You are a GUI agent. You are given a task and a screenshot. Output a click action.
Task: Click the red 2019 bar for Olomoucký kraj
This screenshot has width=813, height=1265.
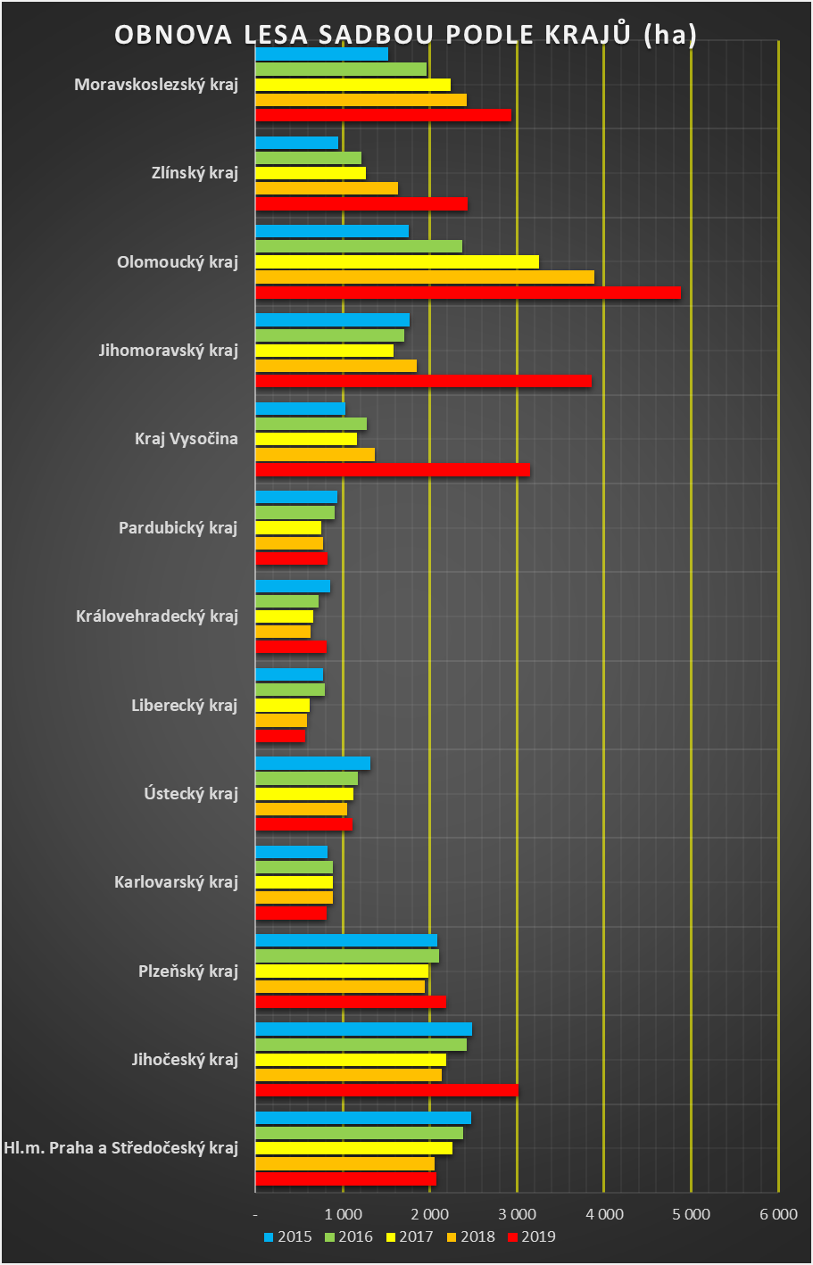pos(468,293)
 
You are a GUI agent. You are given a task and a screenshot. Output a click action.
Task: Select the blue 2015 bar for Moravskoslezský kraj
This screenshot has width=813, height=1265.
pos(322,54)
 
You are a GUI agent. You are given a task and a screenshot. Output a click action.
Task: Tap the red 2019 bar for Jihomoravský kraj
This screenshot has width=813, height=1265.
pos(423,381)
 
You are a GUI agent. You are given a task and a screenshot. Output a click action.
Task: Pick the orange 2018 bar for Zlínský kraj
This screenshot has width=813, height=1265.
pos(327,188)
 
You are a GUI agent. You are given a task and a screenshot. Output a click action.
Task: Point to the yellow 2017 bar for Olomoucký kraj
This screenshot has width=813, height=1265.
pos(397,262)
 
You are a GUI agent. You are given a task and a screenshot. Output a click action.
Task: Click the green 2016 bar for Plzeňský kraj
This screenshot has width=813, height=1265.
pos(347,956)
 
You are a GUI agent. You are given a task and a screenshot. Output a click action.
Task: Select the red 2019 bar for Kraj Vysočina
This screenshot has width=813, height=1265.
pos(393,469)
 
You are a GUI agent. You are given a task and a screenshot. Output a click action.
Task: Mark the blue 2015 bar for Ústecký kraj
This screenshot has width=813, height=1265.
pos(313,764)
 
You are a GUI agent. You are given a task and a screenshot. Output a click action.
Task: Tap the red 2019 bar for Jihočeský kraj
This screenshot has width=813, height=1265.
pos(386,1090)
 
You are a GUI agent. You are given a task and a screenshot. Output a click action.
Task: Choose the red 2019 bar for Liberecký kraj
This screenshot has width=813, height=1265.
pos(280,736)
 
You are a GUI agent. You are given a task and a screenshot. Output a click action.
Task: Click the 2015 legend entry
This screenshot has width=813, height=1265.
pos(288,1236)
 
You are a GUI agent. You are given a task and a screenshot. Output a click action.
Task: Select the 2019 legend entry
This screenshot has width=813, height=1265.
pos(531,1236)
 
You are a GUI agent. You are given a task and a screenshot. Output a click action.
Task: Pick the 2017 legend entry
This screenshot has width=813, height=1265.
pos(410,1236)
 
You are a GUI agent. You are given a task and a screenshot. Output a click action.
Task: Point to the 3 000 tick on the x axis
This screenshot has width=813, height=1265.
pos(518,1214)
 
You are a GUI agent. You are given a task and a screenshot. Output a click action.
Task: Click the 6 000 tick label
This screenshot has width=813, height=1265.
pos(778,1214)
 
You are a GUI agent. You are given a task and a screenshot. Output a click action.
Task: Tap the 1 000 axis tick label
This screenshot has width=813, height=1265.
pos(343,1214)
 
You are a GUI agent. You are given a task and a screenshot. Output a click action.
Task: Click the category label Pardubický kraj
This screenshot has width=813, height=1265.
pos(178,527)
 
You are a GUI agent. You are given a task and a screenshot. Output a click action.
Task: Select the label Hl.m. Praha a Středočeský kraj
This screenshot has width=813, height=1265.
pos(120,1147)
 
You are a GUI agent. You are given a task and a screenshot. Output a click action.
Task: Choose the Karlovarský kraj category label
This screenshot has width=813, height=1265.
pos(176,881)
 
